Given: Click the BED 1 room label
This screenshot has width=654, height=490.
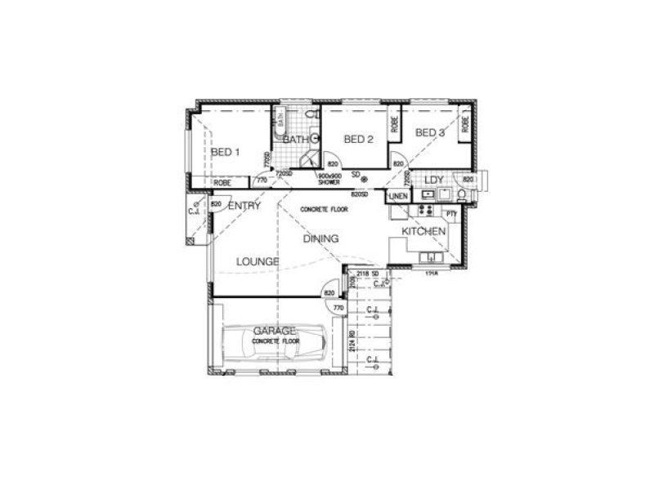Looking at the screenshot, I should click(x=225, y=152).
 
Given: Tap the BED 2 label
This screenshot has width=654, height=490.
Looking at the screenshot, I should click(x=358, y=140).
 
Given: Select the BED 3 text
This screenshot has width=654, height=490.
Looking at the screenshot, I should click(x=429, y=133).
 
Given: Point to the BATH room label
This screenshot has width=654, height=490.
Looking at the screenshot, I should click(x=295, y=140).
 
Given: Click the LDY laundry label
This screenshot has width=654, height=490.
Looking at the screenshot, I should click(x=433, y=179).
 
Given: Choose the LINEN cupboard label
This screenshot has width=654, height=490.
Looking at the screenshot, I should click(x=398, y=197).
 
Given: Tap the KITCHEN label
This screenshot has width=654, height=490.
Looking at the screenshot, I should click(x=423, y=232).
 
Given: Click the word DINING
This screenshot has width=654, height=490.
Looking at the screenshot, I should click(x=321, y=238).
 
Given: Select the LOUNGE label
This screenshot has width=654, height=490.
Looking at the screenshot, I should click(x=258, y=261).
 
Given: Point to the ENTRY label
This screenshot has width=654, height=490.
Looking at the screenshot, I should click(x=244, y=206).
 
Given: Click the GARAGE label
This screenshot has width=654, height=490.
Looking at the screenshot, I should click(x=274, y=331).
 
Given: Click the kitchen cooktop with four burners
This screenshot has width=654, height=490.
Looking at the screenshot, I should click(x=425, y=210).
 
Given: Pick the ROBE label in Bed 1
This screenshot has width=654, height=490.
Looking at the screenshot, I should click(x=221, y=182).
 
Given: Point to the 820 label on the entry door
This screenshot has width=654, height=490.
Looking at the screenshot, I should click(x=217, y=203).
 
